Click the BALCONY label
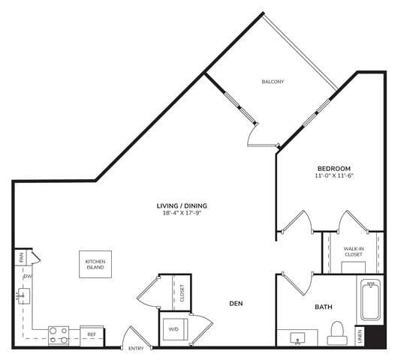[273, 82]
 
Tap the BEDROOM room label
[333, 168]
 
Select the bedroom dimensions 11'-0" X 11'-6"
[333, 176]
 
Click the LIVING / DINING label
[182, 205]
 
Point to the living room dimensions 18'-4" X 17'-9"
[182, 213]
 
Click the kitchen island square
[95, 264]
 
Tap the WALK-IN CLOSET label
[354, 251]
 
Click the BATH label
[323, 307]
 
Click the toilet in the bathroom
[337, 331]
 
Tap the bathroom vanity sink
[298, 338]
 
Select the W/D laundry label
[173, 328]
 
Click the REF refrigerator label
[92, 334]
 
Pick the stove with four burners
[59, 334]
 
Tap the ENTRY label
[136, 349]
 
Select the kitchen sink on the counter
[23, 298]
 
